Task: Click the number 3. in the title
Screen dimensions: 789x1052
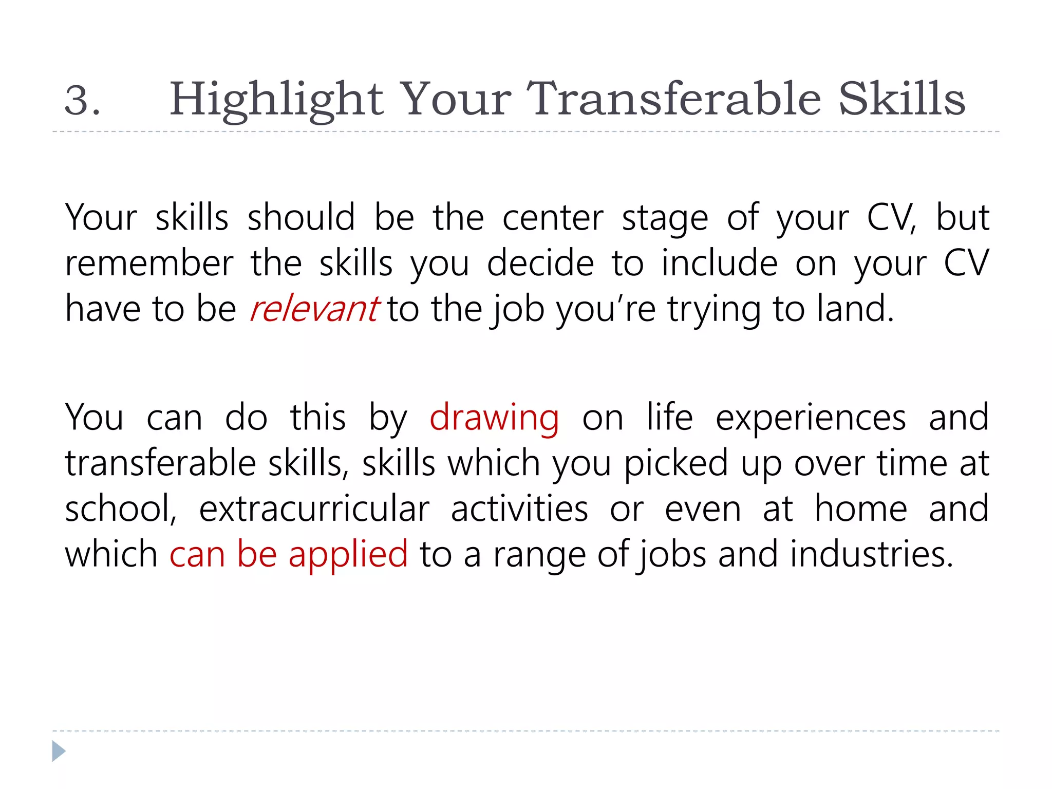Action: (82, 100)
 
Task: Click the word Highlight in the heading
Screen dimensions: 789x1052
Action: (276, 100)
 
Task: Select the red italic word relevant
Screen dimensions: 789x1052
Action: (314, 309)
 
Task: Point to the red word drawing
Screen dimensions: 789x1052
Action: (494, 418)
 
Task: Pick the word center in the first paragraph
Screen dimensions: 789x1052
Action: (553, 218)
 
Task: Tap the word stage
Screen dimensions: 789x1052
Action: (665, 219)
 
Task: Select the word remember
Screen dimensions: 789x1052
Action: (149, 264)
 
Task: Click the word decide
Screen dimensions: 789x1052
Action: (540, 264)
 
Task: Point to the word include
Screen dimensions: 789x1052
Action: (719, 264)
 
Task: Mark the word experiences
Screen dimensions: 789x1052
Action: (811, 418)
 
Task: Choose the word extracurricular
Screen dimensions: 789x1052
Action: (314, 509)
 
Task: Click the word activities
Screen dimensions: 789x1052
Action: (519, 509)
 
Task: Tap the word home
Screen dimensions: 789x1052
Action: (861, 509)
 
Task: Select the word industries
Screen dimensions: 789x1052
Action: (871, 555)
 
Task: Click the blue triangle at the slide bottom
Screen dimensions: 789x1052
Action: (59, 751)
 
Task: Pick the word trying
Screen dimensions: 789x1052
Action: (714, 310)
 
